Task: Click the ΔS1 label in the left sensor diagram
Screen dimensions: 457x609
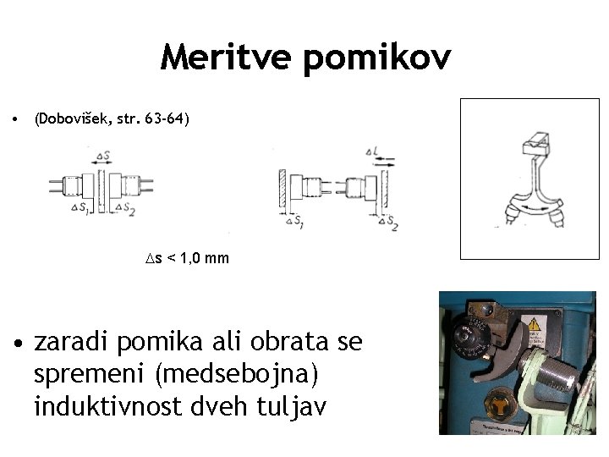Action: click(x=82, y=207)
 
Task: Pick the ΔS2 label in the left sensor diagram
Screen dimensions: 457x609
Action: click(x=125, y=207)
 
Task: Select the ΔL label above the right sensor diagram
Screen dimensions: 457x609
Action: click(x=373, y=151)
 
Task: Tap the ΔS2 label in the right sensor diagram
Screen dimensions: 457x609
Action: click(x=390, y=223)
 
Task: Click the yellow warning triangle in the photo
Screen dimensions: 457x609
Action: click(x=534, y=322)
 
